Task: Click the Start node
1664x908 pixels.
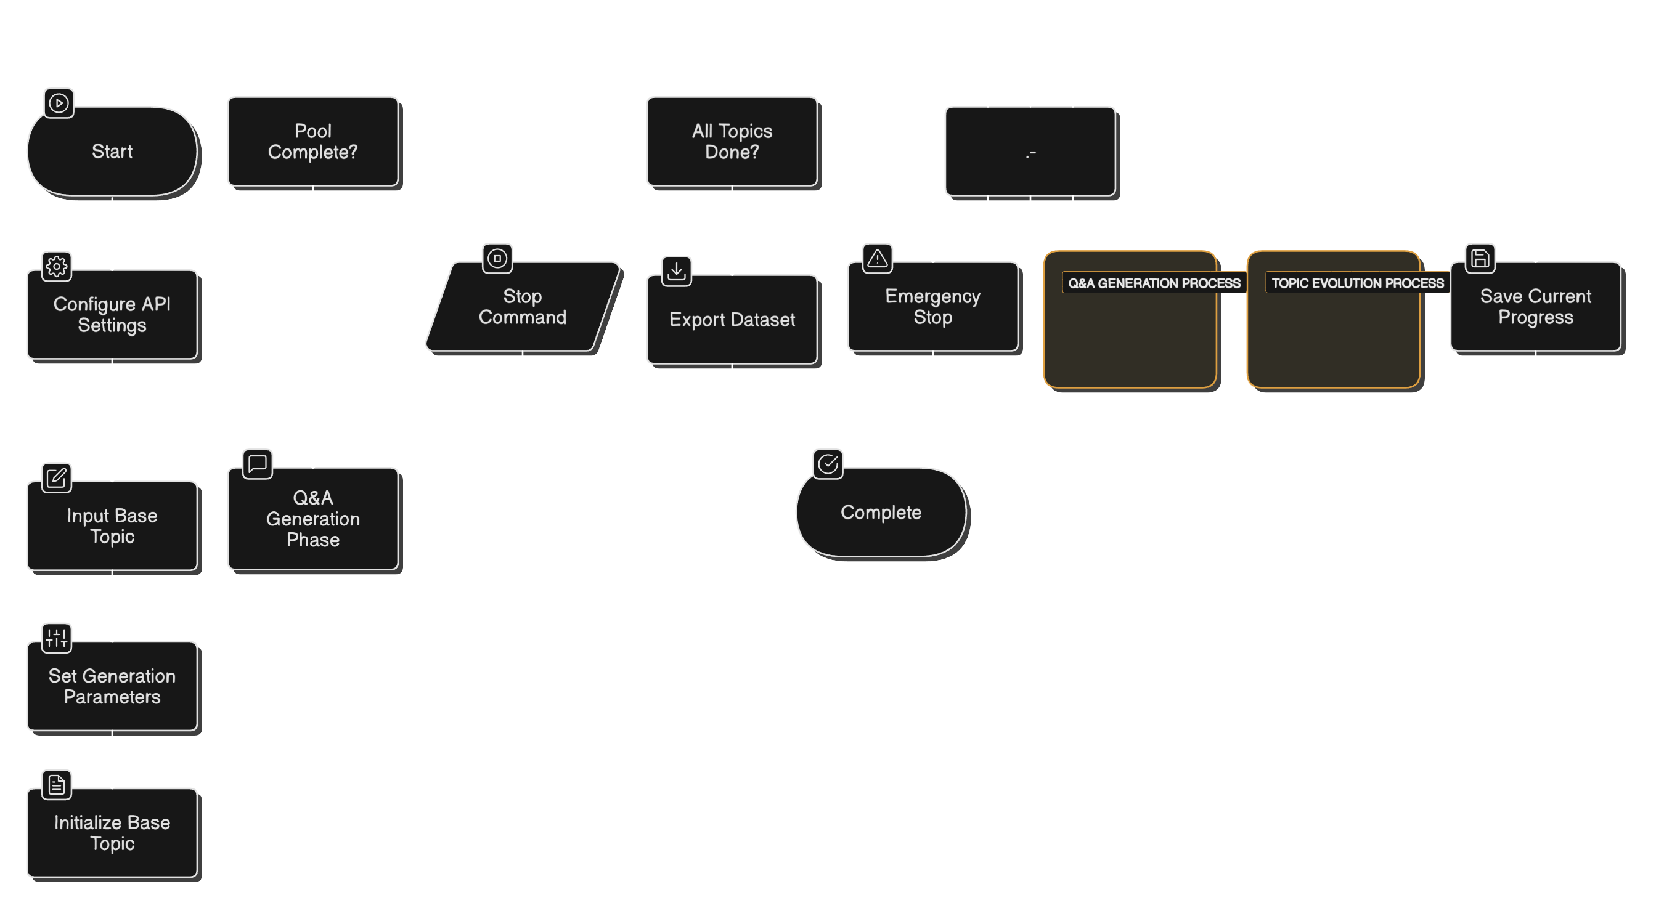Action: (x=112, y=151)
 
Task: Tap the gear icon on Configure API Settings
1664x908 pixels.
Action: (x=57, y=266)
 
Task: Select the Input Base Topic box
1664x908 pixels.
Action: (x=112, y=525)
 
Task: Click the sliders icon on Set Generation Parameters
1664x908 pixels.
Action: (x=57, y=638)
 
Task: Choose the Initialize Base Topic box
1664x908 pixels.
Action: (x=112, y=832)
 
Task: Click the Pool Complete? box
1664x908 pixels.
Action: (x=312, y=142)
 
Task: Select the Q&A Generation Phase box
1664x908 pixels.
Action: (x=312, y=519)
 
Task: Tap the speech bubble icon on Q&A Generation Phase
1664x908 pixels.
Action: (x=258, y=464)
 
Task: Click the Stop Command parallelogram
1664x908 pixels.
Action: (x=522, y=307)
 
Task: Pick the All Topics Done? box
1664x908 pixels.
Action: (x=732, y=142)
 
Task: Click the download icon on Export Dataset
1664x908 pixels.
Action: (x=676, y=271)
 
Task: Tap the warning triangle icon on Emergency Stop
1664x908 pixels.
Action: (x=877, y=258)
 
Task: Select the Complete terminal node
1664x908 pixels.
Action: (x=881, y=512)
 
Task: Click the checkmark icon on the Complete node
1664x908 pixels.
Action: (x=828, y=464)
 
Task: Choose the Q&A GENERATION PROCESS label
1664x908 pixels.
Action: (x=1154, y=283)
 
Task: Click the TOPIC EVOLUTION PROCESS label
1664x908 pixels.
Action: (x=1357, y=283)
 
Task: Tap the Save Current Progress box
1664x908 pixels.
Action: (x=1535, y=307)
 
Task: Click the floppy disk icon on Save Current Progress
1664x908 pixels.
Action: (x=1480, y=258)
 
